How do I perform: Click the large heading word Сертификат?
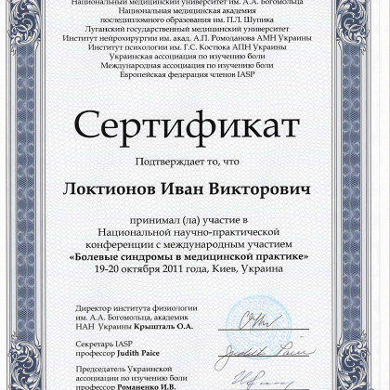click(194, 128)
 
